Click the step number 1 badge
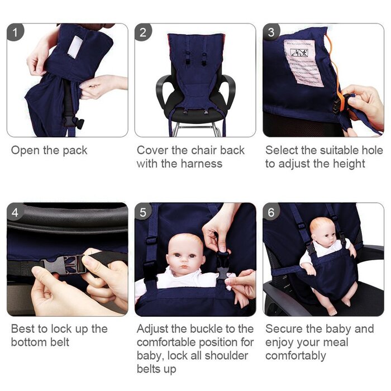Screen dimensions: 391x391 tap(15, 32)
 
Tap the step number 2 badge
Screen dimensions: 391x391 tap(143, 32)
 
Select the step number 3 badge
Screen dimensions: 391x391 tap(271, 32)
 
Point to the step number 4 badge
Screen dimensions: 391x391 tap(15, 212)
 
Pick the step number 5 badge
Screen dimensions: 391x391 tap(143, 212)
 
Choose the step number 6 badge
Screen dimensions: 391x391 tap(271, 212)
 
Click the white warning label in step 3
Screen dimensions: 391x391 tap(303, 61)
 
